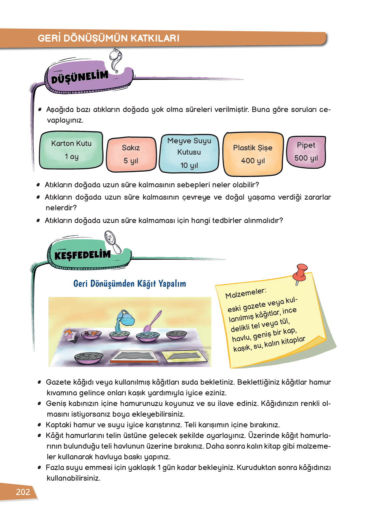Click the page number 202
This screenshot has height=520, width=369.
tap(23, 492)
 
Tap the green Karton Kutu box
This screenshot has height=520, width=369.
tap(71, 150)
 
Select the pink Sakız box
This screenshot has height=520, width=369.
tap(131, 154)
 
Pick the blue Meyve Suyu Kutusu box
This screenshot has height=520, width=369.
tap(189, 153)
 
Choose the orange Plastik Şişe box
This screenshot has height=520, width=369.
tap(253, 154)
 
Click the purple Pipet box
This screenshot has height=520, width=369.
tap(306, 152)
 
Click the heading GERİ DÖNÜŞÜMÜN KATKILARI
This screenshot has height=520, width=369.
tap(108, 38)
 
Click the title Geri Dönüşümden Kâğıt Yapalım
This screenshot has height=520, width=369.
tap(129, 284)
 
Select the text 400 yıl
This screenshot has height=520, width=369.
tap(253, 161)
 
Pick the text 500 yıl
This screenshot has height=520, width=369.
tap(306, 158)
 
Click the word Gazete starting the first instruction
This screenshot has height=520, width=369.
tap(58, 382)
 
